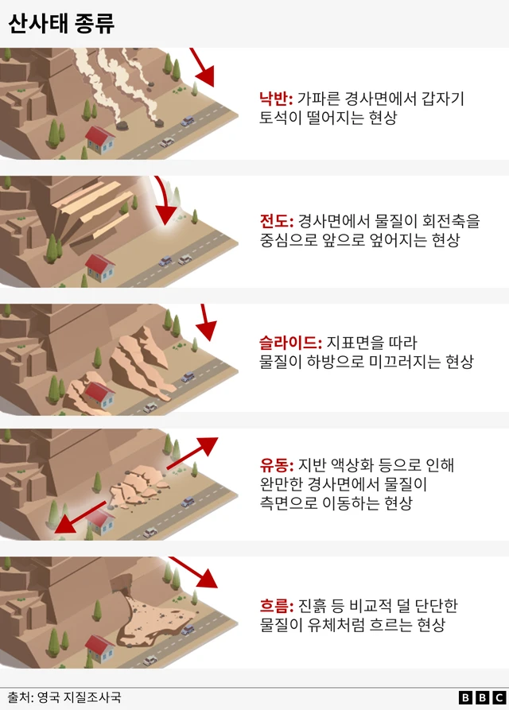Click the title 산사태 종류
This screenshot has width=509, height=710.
tap(61, 23)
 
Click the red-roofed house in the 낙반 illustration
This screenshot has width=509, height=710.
tap(99, 139)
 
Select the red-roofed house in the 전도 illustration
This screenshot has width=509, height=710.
tap(99, 266)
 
